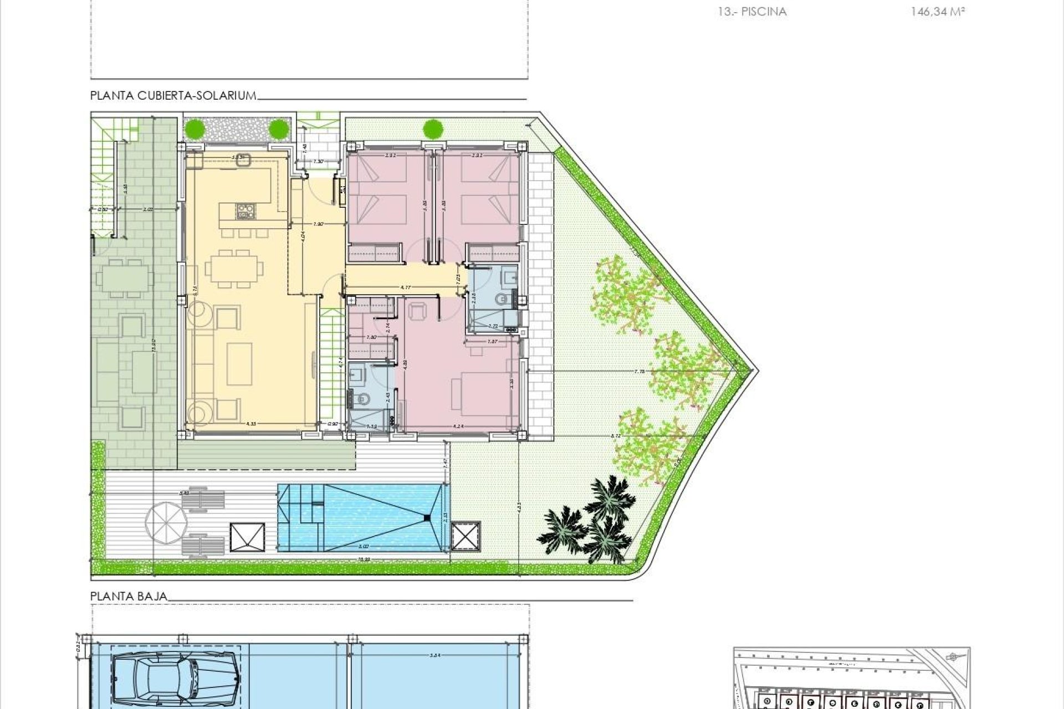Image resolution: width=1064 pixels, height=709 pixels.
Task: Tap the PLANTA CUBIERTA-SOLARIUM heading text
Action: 173,96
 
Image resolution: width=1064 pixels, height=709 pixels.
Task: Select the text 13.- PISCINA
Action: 752,12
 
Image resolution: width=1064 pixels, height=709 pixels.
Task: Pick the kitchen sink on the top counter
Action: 242,159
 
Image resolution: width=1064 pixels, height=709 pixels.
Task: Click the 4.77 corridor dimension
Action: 405,287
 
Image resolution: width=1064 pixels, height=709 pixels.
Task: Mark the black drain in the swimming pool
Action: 426,518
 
